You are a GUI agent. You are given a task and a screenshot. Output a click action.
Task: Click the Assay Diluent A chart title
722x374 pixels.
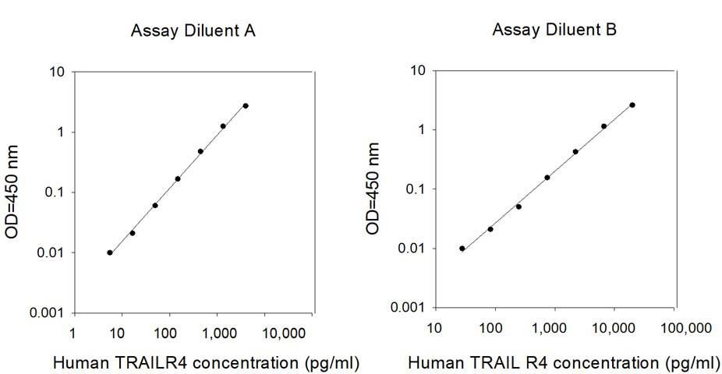click(193, 31)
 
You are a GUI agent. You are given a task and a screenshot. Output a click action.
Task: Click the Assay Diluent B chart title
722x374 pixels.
click(554, 30)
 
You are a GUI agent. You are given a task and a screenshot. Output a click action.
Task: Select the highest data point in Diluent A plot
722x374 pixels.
click(246, 106)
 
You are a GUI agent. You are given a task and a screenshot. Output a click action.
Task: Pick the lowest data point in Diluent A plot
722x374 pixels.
click(110, 252)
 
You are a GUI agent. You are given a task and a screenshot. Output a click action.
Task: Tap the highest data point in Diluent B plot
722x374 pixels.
click(632, 105)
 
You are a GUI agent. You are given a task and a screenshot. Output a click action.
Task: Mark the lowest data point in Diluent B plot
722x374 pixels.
click(462, 249)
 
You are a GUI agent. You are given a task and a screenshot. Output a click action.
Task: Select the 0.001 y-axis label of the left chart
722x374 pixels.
click(47, 312)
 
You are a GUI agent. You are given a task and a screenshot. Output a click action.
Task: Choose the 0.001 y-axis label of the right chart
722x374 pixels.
click(408, 307)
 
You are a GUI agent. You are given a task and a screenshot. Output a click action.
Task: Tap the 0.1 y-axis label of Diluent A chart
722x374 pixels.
click(54, 192)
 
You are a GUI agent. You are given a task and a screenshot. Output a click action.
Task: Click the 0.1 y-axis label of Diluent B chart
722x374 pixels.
click(415, 189)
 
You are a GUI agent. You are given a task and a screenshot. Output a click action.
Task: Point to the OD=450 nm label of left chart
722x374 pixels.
click(11, 192)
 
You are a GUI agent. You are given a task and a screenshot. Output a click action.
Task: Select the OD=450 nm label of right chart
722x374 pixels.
click(372, 189)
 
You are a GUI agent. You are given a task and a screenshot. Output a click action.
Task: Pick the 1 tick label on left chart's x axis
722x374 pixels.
click(73, 333)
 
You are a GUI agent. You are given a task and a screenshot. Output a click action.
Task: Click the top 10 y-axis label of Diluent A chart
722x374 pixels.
click(57, 72)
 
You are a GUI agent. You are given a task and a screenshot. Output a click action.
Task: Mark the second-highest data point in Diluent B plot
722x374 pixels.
click(603, 126)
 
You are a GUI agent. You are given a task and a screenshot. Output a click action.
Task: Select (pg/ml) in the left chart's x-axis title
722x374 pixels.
click(332, 363)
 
